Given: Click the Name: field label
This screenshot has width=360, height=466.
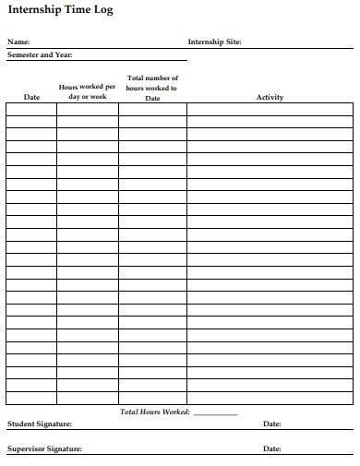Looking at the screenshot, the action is click(x=18, y=42).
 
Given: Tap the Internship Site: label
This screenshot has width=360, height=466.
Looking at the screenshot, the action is click(x=214, y=42).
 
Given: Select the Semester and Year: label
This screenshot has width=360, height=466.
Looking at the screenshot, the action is click(x=40, y=55).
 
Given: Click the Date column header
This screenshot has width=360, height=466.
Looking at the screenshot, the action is click(x=31, y=97).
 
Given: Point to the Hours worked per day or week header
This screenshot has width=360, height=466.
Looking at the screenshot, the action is click(x=88, y=91).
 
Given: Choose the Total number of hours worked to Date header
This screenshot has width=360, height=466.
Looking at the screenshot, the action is click(x=152, y=88).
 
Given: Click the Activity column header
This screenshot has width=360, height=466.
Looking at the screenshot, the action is click(x=270, y=97).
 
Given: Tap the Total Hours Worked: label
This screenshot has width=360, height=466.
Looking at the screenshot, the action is click(x=155, y=412).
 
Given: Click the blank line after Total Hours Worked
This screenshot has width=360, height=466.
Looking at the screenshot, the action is click(x=215, y=412).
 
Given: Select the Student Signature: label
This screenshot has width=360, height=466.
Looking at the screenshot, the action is click(x=40, y=424).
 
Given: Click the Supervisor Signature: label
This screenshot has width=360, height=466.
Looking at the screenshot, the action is click(x=45, y=448).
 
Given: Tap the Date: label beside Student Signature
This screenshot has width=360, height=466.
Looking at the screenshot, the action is click(x=272, y=424).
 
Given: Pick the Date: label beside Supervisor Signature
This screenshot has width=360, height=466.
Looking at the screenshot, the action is click(x=272, y=448).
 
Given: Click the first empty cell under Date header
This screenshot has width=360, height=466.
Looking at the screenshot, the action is click(x=31, y=109).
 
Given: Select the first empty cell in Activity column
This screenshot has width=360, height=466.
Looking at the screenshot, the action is click(x=270, y=109).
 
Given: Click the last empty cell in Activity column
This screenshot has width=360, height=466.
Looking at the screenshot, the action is click(x=270, y=399).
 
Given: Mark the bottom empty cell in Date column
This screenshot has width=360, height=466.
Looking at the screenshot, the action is click(x=31, y=399).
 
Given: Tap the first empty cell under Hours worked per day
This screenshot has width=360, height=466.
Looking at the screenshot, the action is click(x=88, y=109).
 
